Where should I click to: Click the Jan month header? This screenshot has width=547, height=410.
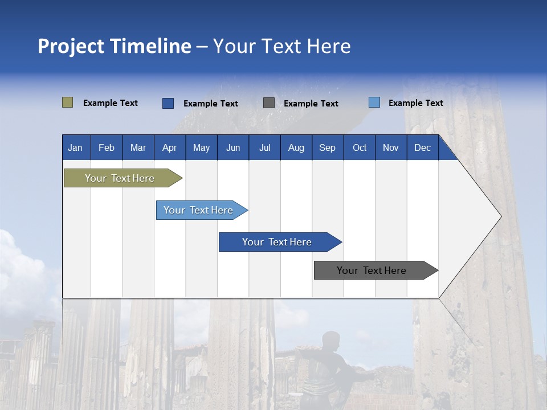(x=76, y=147)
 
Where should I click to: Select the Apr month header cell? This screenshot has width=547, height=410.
(x=169, y=147)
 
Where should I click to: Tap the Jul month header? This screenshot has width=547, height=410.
(x=264, y=147)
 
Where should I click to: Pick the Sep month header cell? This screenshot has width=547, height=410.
(x=327, y=147)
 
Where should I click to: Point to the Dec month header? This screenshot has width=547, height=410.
(x=422, y=147)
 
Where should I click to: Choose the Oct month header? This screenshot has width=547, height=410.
(x=359, y=147)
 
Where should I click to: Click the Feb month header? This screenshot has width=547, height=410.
(x=107, y=147)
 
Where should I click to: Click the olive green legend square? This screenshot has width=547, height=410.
(x=67, y=102)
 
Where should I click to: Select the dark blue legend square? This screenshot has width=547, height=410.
(x=168, y=103)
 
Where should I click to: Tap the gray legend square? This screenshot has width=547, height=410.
(x=269, y=103)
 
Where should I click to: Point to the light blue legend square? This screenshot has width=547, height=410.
(x=374, y=102)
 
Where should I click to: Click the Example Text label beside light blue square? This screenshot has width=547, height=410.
(x=415, y=103)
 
